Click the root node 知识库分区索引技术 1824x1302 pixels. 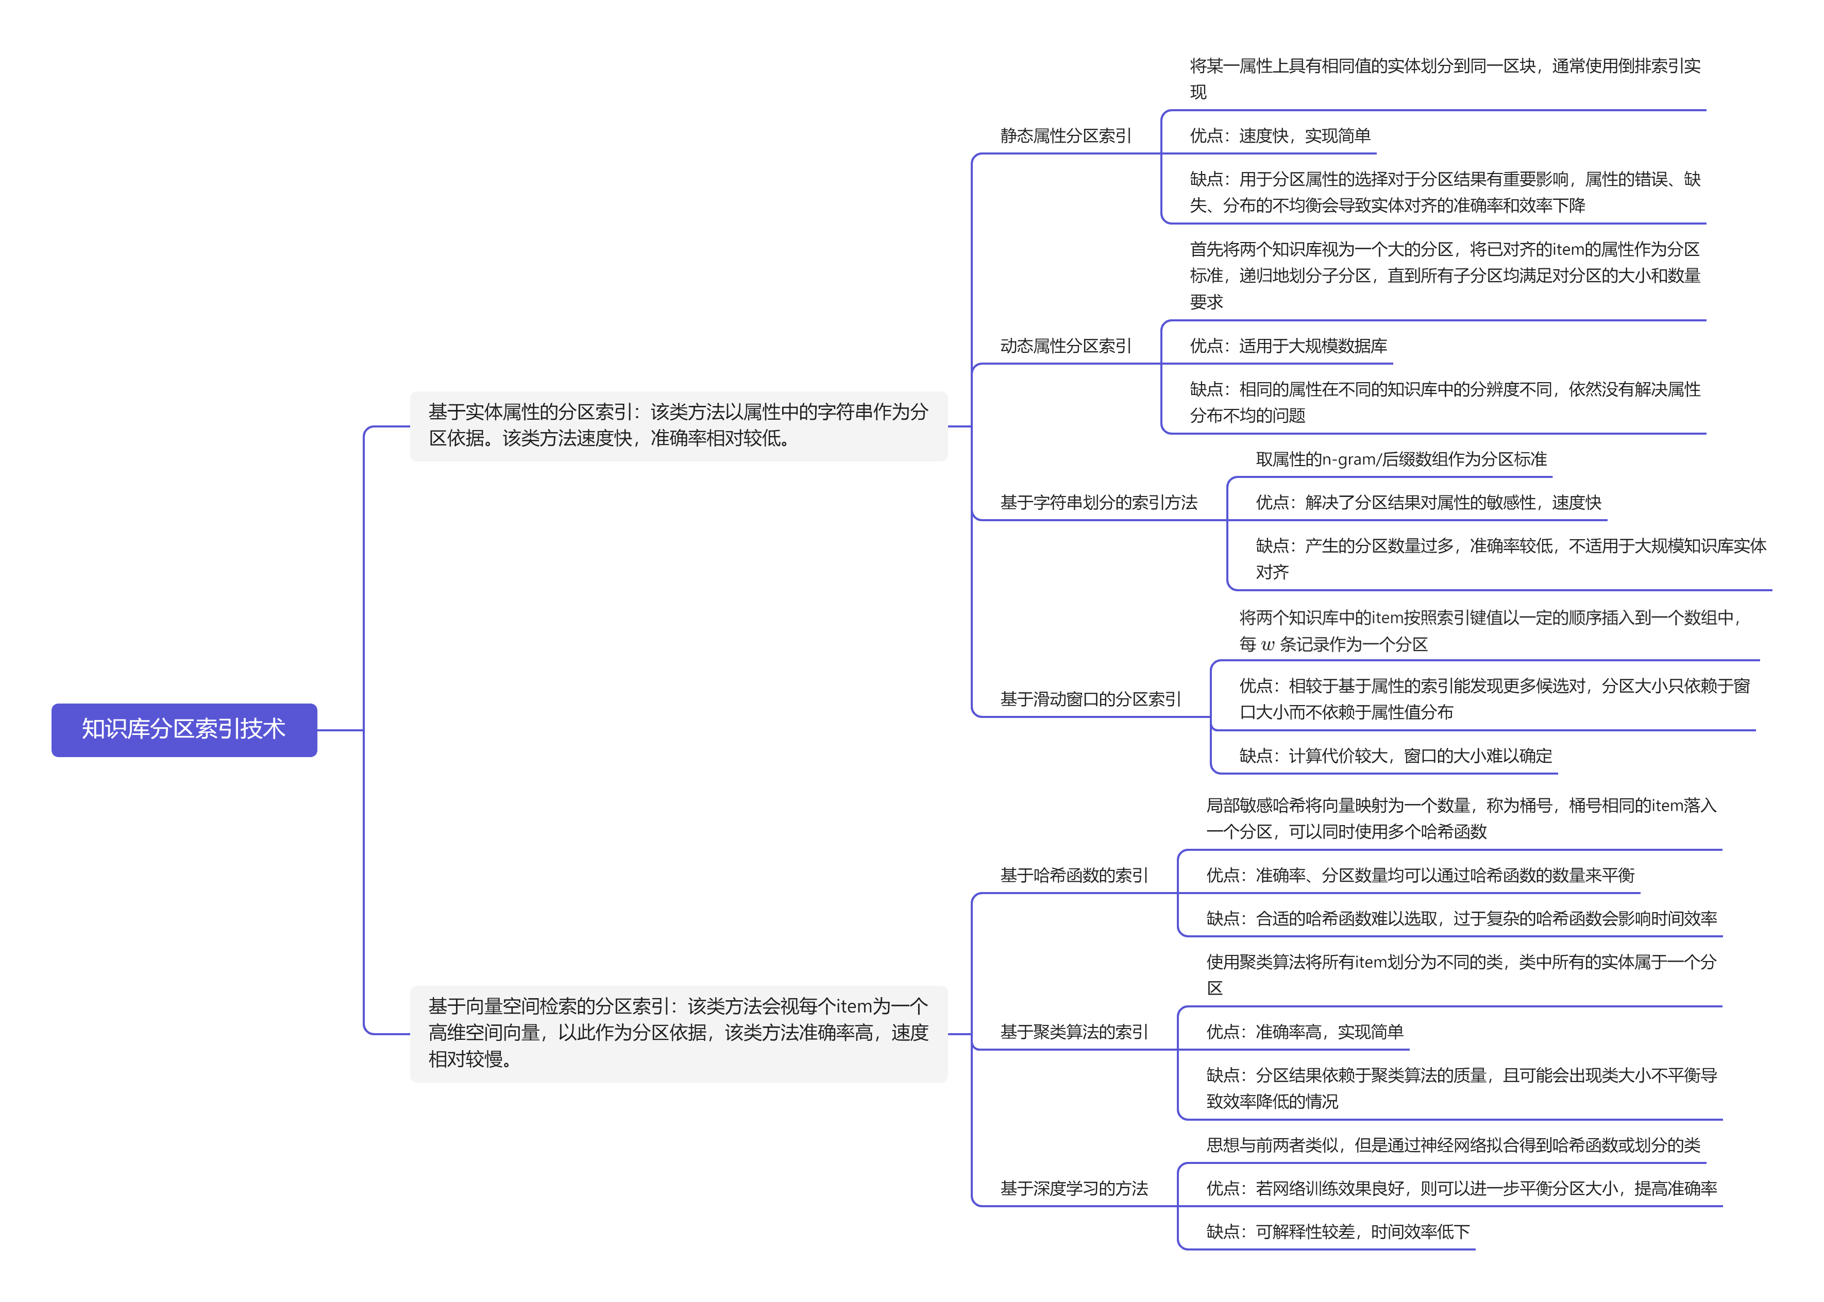click(x=183, y=730)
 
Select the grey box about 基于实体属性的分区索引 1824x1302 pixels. click(x=679, y=426)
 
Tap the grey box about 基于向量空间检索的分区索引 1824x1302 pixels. click(x=679, y=1034)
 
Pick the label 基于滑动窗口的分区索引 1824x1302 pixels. click(x=1090, y=699)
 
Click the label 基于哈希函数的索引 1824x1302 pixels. click(x=1073, y=876)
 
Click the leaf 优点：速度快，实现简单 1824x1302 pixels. click(x=1280, y=136)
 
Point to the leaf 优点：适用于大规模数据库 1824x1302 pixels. click(x=1288, y=346)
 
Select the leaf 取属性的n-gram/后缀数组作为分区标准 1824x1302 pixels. click(x=1401, y=459)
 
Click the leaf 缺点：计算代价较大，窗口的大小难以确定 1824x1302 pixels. click(x=1396, y=756)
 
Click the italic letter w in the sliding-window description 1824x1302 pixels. click(x=1268, y=645)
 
